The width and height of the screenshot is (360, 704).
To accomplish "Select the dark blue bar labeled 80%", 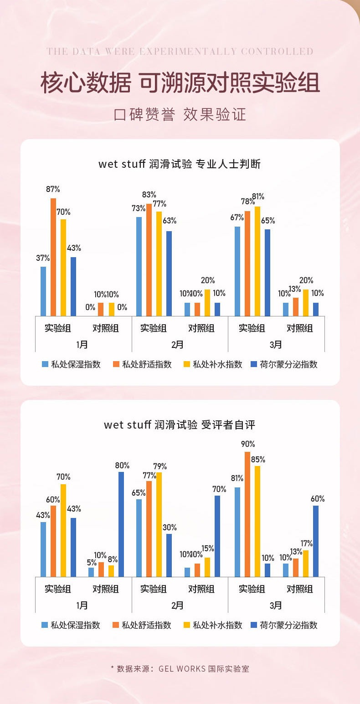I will pyautogui.click(x=121, y=524).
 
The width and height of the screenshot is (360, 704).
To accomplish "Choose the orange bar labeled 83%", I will pyautogui.click(x=149, y=259).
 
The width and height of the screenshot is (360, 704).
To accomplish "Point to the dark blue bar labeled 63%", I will pyautogui.click(x=169, y=273).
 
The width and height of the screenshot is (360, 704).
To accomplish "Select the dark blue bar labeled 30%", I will pyautogui.click(x=169, y=555).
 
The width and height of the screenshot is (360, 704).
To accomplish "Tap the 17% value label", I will pyautogui.click(x=307, y=544).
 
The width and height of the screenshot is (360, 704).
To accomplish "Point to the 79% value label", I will pyautogui.click(x=160, y=466).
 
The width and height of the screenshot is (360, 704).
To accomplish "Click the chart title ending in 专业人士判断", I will pyautogui.click(x=180, y=164).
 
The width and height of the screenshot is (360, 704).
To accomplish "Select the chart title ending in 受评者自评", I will pyautogui.click(x=180, y=425).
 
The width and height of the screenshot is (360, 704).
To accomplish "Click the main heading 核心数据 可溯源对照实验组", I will pyautogui.click(x=180, y=83).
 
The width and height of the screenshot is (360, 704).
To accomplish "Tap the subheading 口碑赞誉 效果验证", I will pyautogui.click(x=180, y=114).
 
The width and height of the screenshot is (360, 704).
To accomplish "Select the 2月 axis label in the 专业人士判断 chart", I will pyautogui.click(x=178, y=345).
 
